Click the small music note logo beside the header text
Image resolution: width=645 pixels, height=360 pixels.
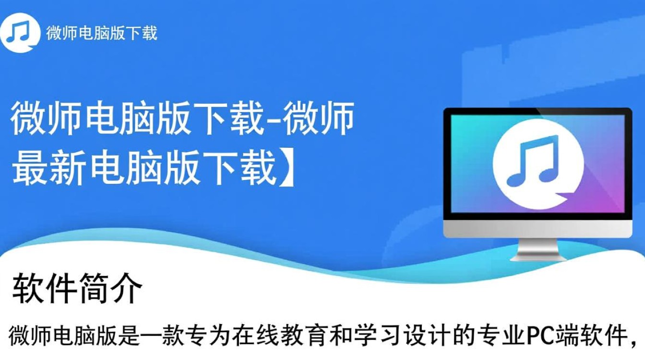(19, 33)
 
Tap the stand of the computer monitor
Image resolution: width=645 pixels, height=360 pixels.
(537, 250)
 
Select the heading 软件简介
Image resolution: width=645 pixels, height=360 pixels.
(77, 288)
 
